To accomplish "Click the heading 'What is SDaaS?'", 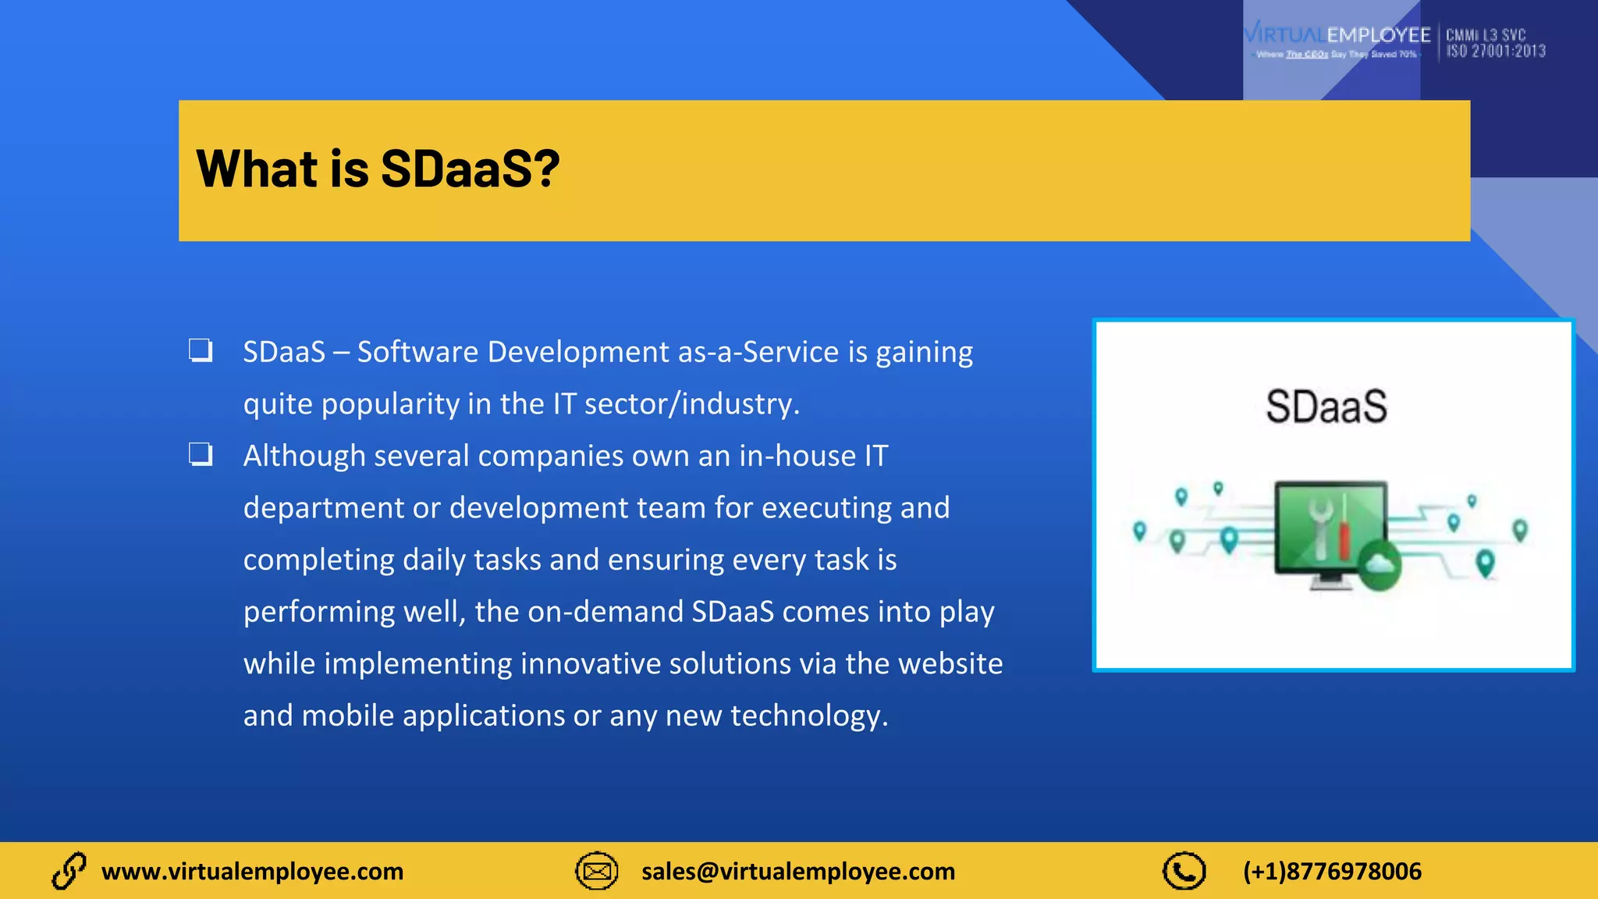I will click(x=378, y=169).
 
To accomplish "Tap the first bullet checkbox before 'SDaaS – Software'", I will click(x=201, y=350).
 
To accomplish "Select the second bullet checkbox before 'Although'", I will click(x=201, y=454).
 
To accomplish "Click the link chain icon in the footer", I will click(x=69, y=871).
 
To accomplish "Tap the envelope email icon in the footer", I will click(x=597, y=871).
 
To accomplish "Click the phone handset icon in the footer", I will click(x=1184, y=871).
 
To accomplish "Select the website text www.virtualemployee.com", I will click(x=252, y=871).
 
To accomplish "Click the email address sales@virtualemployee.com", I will click(x=797, y=871).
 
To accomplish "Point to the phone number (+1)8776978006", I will click(x=1332, y=871).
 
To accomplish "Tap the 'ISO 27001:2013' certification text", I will click(x=1495, y=52).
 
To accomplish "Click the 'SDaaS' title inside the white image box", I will click(x=1326, y=407).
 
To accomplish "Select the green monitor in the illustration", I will click(x=1330, y=531).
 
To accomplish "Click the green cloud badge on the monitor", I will click(x=1380, y=563).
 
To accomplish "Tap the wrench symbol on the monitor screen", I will click(x=1320, y=524).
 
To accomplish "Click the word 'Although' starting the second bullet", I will click(x=304, y=456).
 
